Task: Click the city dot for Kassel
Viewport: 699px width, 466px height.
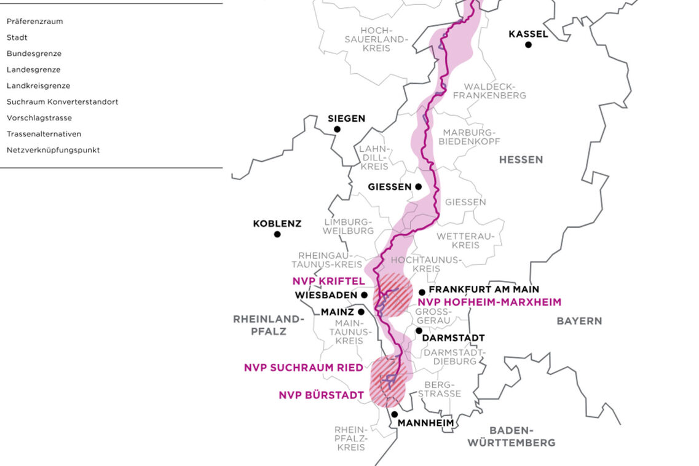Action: pos(527,44)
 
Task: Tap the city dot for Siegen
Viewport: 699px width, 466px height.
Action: pos(337,129)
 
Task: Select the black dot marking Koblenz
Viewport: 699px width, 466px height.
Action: pos(277,234)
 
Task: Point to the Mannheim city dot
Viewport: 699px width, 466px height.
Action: pos(394,414)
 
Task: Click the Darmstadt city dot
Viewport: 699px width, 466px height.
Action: pos(419,330)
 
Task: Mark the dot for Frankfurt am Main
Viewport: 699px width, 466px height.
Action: pos(422,292)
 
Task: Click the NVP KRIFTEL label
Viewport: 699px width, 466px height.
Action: pos(328,281)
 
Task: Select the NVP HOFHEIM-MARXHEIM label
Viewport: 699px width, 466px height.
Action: pos(489,302)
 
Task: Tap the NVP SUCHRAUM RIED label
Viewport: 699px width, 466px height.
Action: pos(303,368)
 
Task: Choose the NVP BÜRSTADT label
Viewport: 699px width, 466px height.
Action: pos(317,395)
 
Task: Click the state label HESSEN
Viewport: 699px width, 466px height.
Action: pos(521,160)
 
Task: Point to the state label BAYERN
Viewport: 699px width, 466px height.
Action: pos(579,321)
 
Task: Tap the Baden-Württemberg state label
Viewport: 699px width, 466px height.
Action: pos(511,436)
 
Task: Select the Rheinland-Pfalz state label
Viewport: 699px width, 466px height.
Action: pos(268,325)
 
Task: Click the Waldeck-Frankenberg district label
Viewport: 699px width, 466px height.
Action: pos(494,91)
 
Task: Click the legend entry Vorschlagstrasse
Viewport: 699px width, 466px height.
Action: pos(39,118)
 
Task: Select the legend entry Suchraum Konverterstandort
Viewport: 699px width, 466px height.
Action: pos(62,102)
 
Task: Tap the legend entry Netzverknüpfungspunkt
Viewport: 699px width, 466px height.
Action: pos(53,150)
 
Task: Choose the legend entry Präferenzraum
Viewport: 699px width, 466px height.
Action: pos(34,22)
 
